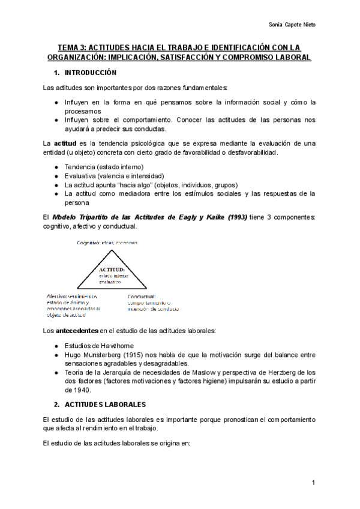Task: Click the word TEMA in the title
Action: pyautogui.click(x=68, y=47)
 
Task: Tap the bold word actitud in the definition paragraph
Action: pyautogui.click(x=65, y=144)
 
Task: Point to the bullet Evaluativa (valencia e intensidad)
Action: pyautogui.click(x=106, y=176)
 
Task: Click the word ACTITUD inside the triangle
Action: pyautogui.click(x=112, y=270)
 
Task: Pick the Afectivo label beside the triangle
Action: pyautogui.click(x=58, y=297)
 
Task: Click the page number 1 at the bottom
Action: pyautogui.click(x=313, y=483)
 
